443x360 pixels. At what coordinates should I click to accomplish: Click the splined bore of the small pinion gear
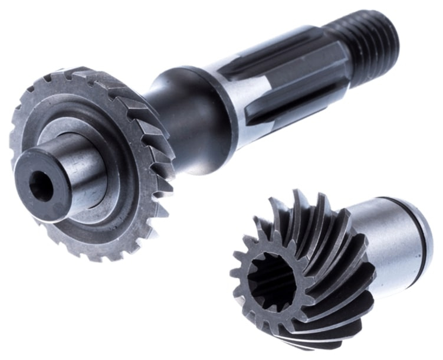point(271,282)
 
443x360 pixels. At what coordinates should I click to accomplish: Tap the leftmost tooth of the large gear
point(14,142)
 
